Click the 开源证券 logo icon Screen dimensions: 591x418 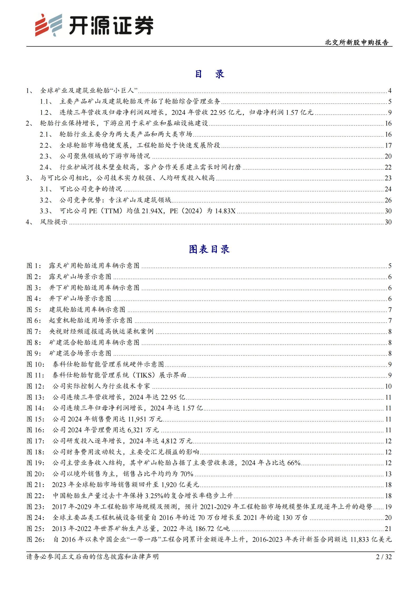coord(49,25)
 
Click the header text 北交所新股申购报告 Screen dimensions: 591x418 coord(357,42)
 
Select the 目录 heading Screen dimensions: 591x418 coord(209,74)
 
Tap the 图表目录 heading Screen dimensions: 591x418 coord(209,249)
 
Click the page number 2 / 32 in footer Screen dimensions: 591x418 coord(384,557)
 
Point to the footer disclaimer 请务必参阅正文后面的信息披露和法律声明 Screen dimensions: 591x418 coord(93,557)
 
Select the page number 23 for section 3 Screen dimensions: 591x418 coord(388,178)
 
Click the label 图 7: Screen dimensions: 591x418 coord(34,331)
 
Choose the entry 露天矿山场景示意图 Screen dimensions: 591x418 coord(80,277)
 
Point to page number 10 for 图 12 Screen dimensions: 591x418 coord(388,386)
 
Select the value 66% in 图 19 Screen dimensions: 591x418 coord(294,463)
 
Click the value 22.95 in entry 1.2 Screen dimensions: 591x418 coord(218,112)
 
